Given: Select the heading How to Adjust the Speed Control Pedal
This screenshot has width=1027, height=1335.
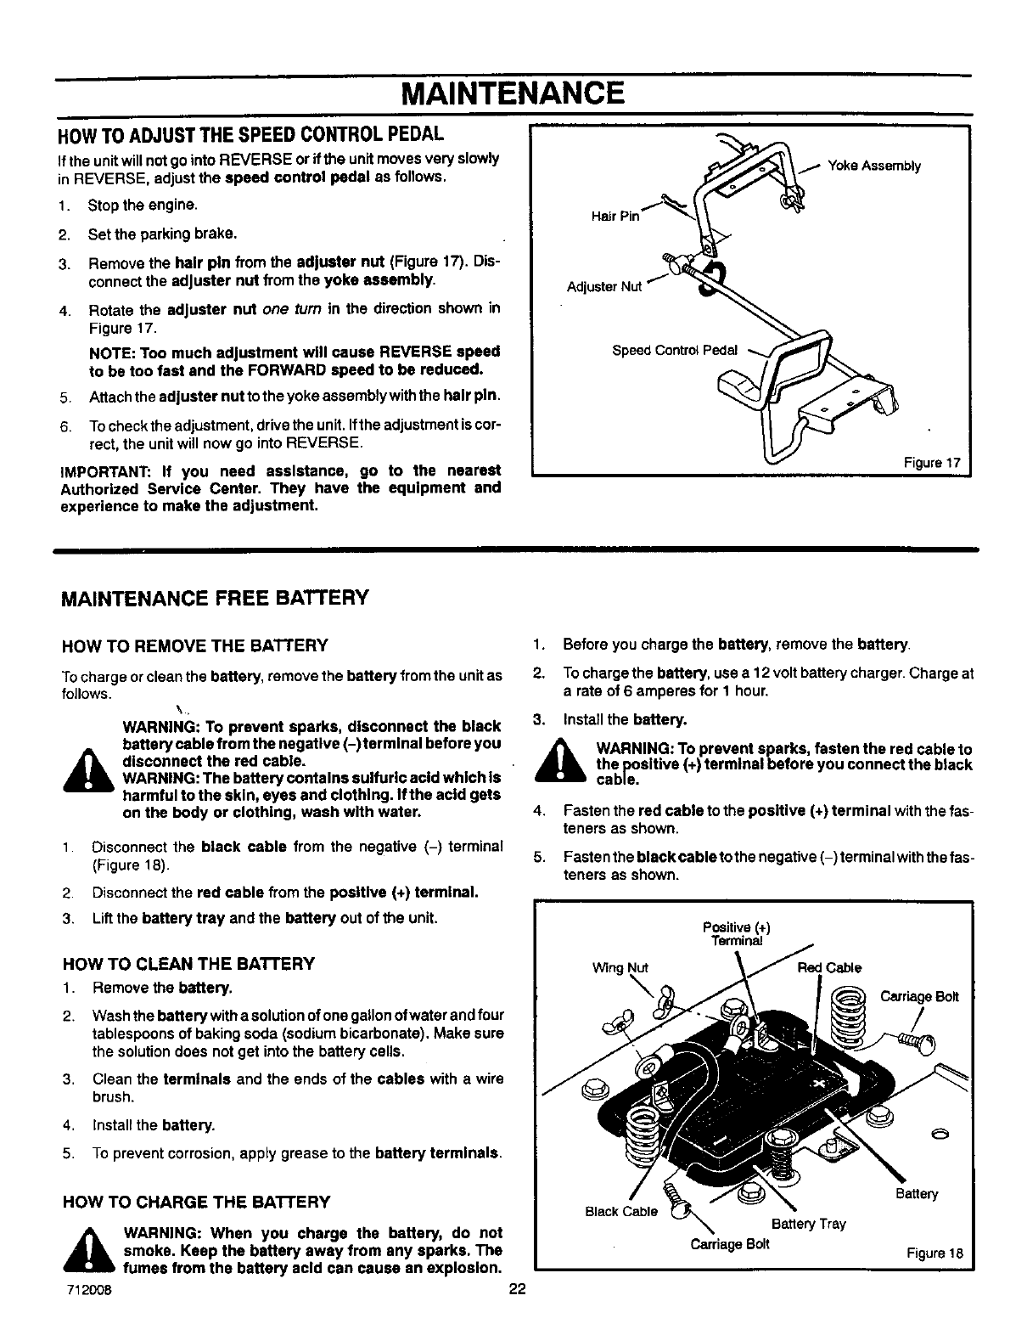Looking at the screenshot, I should coord(250,136).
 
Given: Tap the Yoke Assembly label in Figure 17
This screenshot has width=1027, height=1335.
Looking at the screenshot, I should coord(873,166).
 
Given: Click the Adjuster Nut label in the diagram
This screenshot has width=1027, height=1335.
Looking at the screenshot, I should coord(603,286).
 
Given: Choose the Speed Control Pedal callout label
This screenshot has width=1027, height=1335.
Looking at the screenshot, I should coord(675,350).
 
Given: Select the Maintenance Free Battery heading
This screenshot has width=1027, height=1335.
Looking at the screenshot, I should coord(215,596).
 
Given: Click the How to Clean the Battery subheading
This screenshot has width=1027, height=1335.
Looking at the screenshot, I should coord(188,963).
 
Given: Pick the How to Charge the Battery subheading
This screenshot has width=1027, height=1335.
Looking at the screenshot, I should coord(195,1202).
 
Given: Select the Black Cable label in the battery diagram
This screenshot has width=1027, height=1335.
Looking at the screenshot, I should coord(621,1211).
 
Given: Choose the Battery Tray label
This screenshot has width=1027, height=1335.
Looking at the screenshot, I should coord(808,1224).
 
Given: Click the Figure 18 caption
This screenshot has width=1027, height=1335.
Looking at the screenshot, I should coord(934,1253).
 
